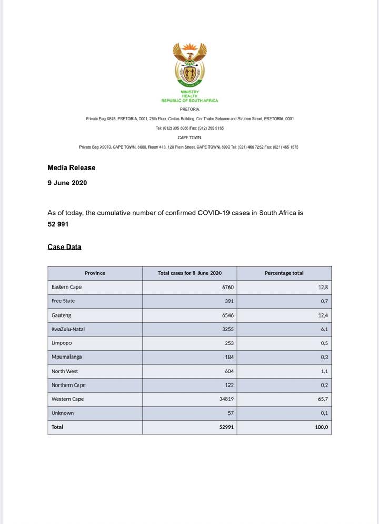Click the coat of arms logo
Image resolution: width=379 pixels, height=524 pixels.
(189, 65)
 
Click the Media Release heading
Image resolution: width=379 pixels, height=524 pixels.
(72, 167)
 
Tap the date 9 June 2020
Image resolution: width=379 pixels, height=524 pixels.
(67, 183)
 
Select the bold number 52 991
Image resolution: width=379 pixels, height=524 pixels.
(58, 224)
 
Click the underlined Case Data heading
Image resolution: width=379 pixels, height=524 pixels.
(64, 246)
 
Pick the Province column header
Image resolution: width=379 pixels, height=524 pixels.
(95, 273)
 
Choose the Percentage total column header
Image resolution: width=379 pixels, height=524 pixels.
(284, 273)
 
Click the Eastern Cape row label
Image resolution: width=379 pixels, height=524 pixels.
(66, 287)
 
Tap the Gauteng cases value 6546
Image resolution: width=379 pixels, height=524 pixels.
(226, 315)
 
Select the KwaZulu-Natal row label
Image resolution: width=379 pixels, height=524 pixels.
(68, 329)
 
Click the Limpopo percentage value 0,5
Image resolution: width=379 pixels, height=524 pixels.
(324, 343)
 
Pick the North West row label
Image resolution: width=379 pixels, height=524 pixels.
(65, 371)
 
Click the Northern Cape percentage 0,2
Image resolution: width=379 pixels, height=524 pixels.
(324, 385)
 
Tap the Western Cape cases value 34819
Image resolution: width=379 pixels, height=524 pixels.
(225, 399)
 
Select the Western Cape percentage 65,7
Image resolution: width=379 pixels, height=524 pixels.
(323, 399)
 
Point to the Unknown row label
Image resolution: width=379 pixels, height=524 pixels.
(63, 413)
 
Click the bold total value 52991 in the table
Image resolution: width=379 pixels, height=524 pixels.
(226, 427)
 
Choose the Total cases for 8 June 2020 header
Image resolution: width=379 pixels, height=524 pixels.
(189, 273)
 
